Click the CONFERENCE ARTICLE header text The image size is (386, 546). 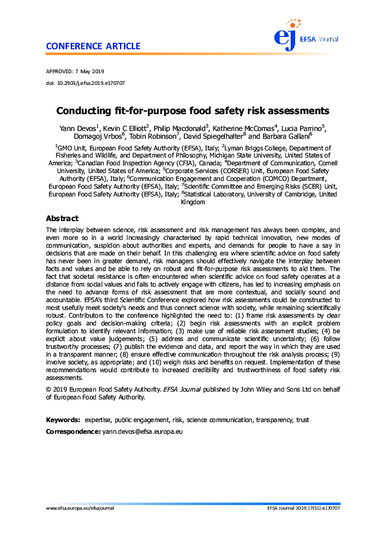pyautogui.click(x=93, y=46)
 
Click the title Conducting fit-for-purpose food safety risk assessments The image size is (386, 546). pyautogui.click(x=193, y=111)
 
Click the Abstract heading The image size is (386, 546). pyautogui.click(x=62, y=219)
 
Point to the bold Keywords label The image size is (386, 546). pyautogui.click(x=63, y=421)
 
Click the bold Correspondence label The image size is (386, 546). pyautogui.click(x=73, y=431)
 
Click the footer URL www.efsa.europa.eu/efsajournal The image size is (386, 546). pyautogui.click(x=80, y=508)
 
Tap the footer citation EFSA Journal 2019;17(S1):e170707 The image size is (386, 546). pyautogui.click(x=303, y=508)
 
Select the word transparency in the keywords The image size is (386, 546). pyautogui.click(x=269, y=421)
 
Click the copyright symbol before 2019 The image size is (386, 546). pyautogui.click(x=49, y=388)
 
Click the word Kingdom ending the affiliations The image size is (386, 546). pyautogui.click(x=193, y=202)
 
